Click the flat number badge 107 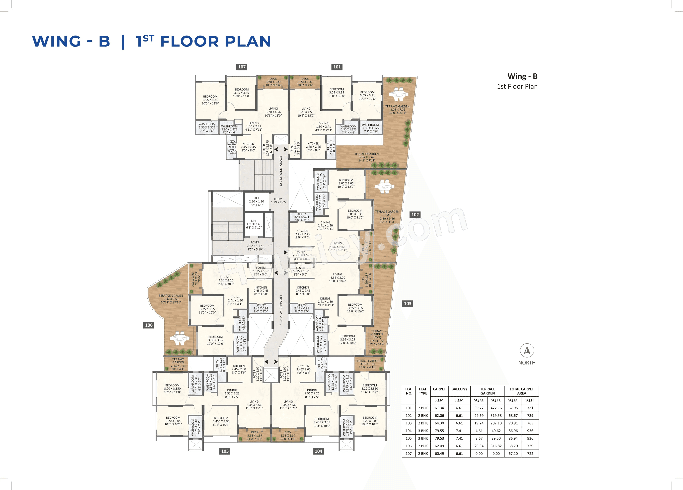tap(242, 67)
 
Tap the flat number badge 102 tap(415, 214)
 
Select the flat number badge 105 tap(225, 451)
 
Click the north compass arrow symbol tap(527, 350)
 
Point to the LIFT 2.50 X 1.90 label tap(256, 202)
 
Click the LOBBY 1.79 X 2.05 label tap(278, 201)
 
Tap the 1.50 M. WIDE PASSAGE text tap(281, 171)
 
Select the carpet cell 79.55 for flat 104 tap(439, 431)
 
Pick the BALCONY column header tap(459, 389)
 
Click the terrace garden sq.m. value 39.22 tap(479, 408)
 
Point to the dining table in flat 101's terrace tap(398, 94)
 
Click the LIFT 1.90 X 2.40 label tap(254, 224)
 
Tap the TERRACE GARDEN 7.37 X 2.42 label tap(366, 157)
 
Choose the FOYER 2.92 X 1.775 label tap(255, 246)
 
